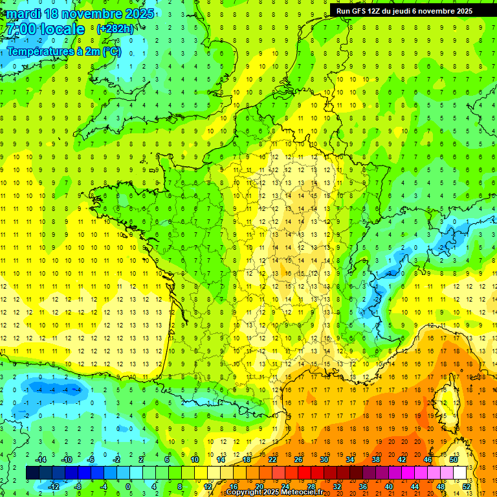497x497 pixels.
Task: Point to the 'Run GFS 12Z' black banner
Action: pyautogui.click(x=404, y=11)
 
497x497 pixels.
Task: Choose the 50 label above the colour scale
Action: pyautogui.click(x=454, y=459)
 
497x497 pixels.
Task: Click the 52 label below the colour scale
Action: pyautogui.click(x=467, y=486)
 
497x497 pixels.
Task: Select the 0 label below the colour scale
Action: pyautogui.click(x=127, y=486)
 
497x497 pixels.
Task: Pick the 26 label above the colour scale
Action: pyautogui.click(x=298, y=459)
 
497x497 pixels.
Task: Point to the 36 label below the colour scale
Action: pyautogui.click(x=363, y=486)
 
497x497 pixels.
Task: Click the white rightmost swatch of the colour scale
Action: pyautogui.click(x=460, y=472)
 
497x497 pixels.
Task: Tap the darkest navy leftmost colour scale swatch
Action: pyautogui.click(x=32, y=472)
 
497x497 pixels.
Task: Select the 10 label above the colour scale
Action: pyautogui.click(x=195, y=459)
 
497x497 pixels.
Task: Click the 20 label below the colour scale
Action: pyautogui.click(x=260, y=486)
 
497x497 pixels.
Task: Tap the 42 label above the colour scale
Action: pyautogui.click(x=402, y=459)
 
